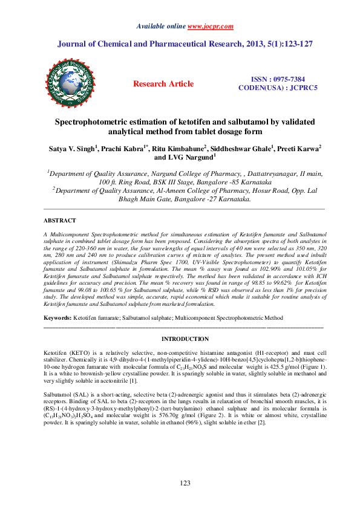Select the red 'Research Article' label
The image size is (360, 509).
point(163,84)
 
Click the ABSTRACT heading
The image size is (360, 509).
point(61,221)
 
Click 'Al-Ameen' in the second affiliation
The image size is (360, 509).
point(159,189)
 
